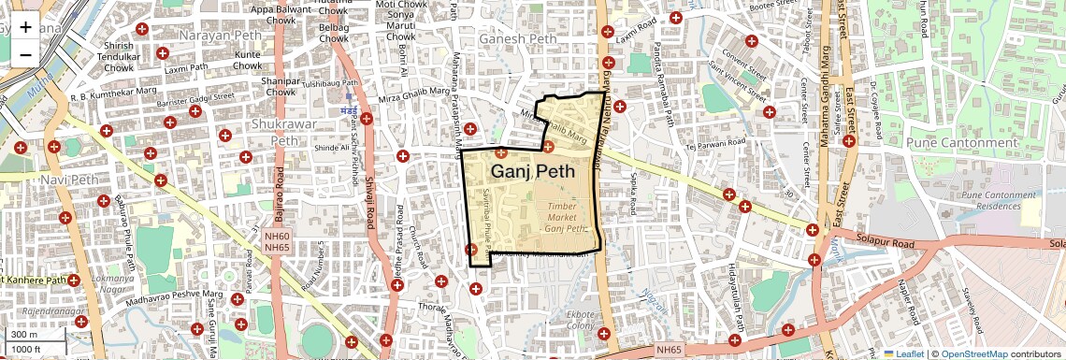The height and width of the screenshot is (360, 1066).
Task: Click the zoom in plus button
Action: click(x=25, y=26)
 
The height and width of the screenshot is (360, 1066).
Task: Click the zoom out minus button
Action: click(x=25, y=54)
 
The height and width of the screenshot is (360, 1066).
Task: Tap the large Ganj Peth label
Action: click(x=533, y=171)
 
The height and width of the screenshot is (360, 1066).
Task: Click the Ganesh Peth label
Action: click(x=517, y=40)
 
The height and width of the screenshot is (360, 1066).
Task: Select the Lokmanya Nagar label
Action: click(x=112, y=284)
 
